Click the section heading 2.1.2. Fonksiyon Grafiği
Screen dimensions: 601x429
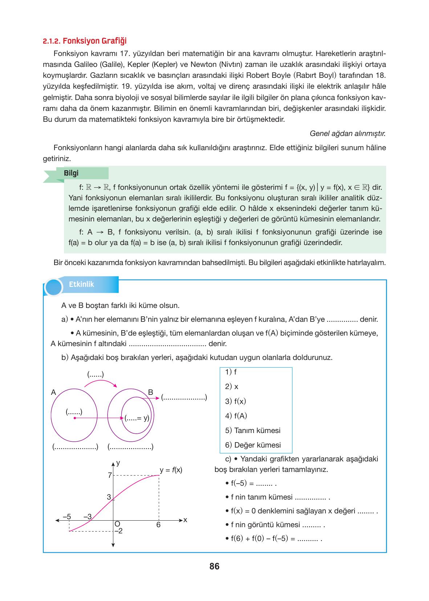(x=85, y=41)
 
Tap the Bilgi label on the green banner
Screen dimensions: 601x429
(x=71, y=173)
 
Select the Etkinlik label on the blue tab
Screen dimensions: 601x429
(x=81, y=284)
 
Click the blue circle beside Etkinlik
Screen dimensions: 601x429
(x=54, y=287)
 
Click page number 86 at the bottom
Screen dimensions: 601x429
(x=214, y=566)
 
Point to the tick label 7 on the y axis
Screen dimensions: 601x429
(x=109, y=475)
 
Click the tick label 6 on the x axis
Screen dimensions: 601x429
(x=158, y=525)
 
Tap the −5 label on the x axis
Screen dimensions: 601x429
(x=66, y=516)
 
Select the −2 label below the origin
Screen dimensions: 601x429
(x=118, y=531)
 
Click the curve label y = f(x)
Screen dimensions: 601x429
(x=171, y=470)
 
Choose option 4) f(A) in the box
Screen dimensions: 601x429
(x=236, y=416)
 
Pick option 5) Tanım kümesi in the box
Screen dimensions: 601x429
(x=252, y=430)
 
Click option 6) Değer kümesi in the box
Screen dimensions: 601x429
(x=253, y=445)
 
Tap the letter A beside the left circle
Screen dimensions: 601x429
(x=53, y=392)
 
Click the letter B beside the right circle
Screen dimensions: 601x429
(x=151, y=392)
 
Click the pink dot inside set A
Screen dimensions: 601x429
(x=74, y=418)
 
